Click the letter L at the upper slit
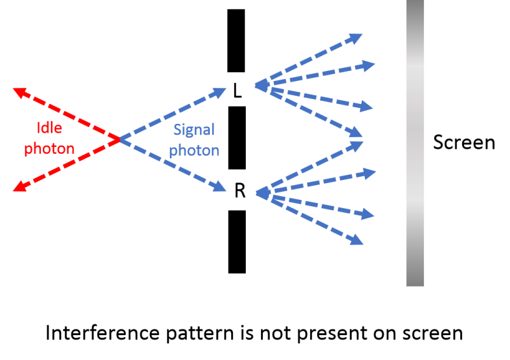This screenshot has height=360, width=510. (x=237, y=92)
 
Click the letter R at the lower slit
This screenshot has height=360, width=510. (x=240, y=191)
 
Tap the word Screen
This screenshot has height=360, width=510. (x=464, y=142)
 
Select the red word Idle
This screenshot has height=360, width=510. (x=49, y=128)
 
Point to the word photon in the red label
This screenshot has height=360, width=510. (x=49, y=149)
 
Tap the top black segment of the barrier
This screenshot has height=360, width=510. (x=237, y=40)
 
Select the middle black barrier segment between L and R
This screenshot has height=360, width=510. (x=237, y=137)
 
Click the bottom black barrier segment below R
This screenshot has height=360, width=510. (x=237, y=241)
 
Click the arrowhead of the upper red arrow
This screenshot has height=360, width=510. (x=20, y=93)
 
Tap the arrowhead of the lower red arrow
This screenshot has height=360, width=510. (x=20, y=186)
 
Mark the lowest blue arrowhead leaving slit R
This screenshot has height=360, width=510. (x=357, y=241)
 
